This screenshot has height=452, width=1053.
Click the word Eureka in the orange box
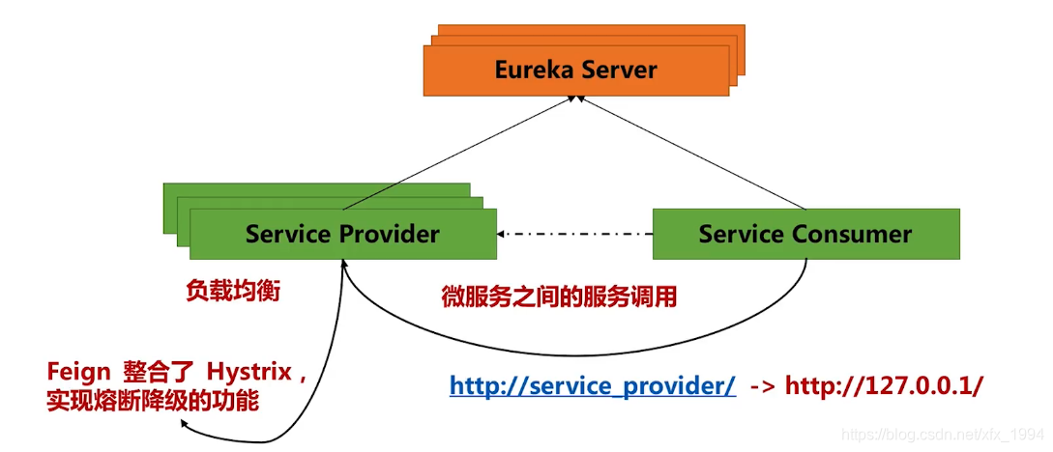[x=533, y=71]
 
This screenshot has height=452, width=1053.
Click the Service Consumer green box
[x=805, y=234]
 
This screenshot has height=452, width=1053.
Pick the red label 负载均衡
[x=233, y=291]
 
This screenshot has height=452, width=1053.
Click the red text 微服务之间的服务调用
[x=559, y=297]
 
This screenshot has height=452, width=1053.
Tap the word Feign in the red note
[x=78, y=372]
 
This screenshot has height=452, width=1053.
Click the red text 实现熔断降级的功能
[x=153, y=400]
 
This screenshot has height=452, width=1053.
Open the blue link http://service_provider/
[x=593, y=385]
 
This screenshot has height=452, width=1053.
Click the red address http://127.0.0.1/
[x=884, y=385]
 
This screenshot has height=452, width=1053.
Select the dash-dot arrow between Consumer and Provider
[x=576, y=234]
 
